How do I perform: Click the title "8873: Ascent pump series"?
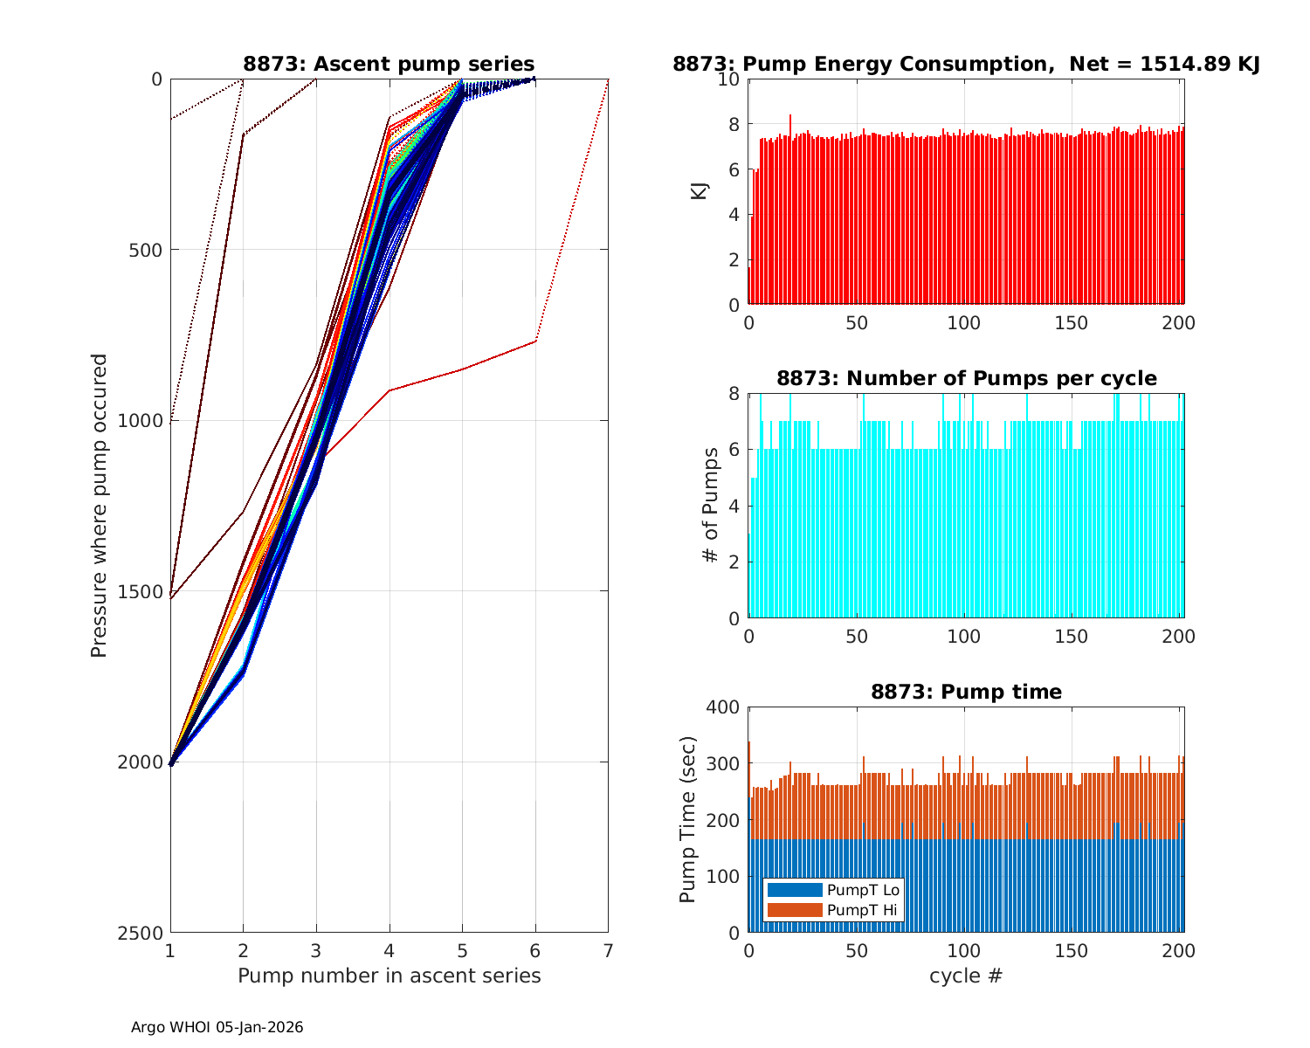click(389, 64)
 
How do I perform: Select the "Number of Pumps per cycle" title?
click(966, 378)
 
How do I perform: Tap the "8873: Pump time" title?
click(966, 692)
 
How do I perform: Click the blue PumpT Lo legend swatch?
click(794, 890)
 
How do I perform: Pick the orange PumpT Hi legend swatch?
click(794, 910)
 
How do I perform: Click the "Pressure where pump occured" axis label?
click(100, 506)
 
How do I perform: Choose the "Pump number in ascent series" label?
click(389, 976)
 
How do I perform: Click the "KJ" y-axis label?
click(700, 191)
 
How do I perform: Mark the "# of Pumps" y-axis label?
click(712, 505)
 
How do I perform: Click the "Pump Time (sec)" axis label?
click(688, 820)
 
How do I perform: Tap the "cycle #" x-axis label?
click(966, 976)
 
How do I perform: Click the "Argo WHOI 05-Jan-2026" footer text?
click(217, 1027)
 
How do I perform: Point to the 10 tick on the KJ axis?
click(728, 79)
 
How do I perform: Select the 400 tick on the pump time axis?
click(724, 707)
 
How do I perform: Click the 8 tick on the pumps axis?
click(734, 394)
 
